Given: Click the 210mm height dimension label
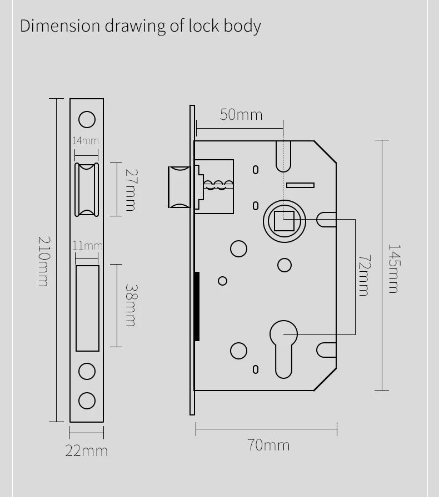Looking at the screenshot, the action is coord(43,261).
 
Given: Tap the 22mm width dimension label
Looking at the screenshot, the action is coord(87,450).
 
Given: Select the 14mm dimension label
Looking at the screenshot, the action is coord(85,141).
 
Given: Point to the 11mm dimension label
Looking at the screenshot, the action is coord(87,245).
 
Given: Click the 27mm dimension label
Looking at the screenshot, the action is coord(130,190).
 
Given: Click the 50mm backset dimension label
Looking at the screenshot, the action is coord(241,114).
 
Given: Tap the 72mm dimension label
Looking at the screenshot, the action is coord(363,275).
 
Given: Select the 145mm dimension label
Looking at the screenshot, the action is coord(393,268).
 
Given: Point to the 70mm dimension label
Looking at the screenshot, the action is coord(268,445).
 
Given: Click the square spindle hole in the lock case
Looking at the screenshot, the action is coord(287,221).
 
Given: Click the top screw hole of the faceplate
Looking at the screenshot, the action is coord(87,119).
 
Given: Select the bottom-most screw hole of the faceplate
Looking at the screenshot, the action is coord(87,400).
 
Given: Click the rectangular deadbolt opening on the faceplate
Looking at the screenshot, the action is coord(87,308).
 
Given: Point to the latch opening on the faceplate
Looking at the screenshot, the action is coord(87,190).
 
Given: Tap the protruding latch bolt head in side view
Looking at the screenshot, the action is coord(179,187).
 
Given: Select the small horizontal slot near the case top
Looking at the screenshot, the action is coord(300,185).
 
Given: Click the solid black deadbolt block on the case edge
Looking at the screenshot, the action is coord(197,306).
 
